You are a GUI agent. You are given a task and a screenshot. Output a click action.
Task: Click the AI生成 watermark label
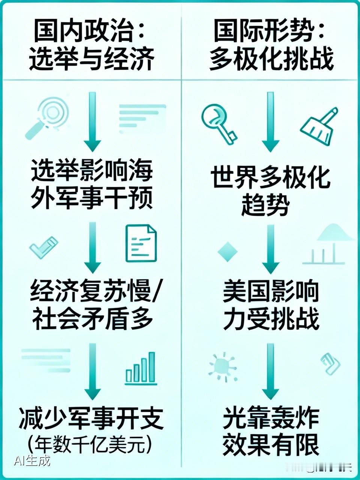(31, 460)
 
